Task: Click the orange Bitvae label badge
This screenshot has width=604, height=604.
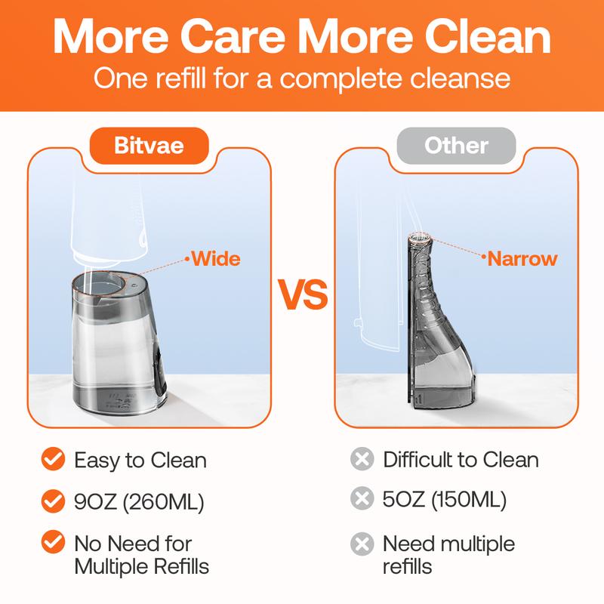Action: coord(149,146)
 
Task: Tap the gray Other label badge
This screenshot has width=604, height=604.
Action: coord(456,146)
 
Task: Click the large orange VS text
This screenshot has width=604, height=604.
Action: coord(303,294)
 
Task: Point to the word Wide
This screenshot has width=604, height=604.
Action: coord(216,258)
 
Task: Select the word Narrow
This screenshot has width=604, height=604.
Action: coord(522,258)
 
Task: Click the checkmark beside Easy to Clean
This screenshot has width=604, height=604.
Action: coord(53,459)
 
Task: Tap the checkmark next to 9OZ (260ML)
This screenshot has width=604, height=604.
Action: coord(53,501)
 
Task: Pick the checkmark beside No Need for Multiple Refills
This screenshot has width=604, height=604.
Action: coord(53,541)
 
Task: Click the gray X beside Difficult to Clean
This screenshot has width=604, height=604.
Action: coord(362,459)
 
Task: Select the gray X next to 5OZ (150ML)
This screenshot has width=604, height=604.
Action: coord(362,498)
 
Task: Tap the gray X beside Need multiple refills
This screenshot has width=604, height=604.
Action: coord(362,544)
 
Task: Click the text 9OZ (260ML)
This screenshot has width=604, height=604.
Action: coord(139,502)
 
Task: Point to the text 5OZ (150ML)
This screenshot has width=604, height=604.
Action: coord(445,499)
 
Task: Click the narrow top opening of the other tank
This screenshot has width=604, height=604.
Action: coord(419,238)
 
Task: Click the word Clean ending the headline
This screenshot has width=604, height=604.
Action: coord(488,36)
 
